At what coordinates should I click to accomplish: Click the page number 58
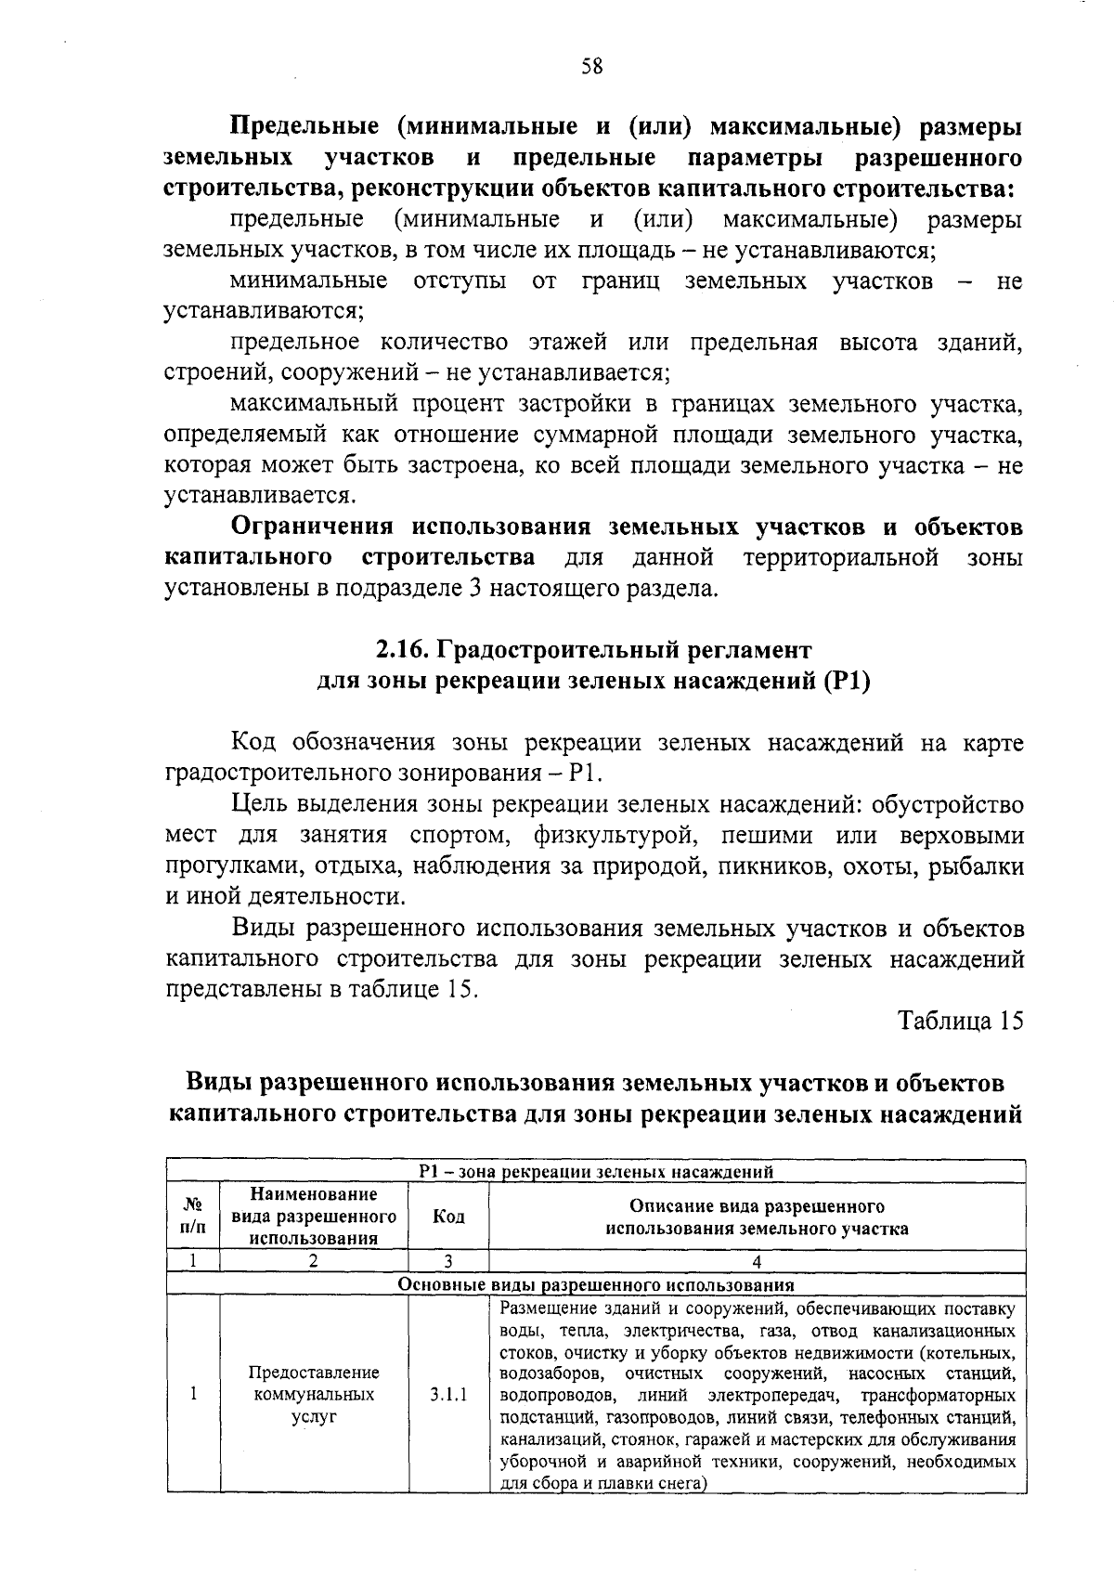(591, 66)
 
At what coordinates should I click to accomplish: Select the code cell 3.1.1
(448, 1395)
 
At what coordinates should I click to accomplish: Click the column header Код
(448, 1217)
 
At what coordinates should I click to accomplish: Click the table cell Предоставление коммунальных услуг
(314, 1395)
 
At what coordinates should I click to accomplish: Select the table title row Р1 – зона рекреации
(596, 1172)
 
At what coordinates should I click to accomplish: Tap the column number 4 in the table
(757, 1261)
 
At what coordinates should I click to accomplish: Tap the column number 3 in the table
(448, 1261)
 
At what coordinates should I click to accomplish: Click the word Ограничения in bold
(311, 527)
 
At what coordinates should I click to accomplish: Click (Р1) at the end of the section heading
(847, 681)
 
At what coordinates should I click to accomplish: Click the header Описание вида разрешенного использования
(757, 1217)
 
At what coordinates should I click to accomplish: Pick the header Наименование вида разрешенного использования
(314, 1216)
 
